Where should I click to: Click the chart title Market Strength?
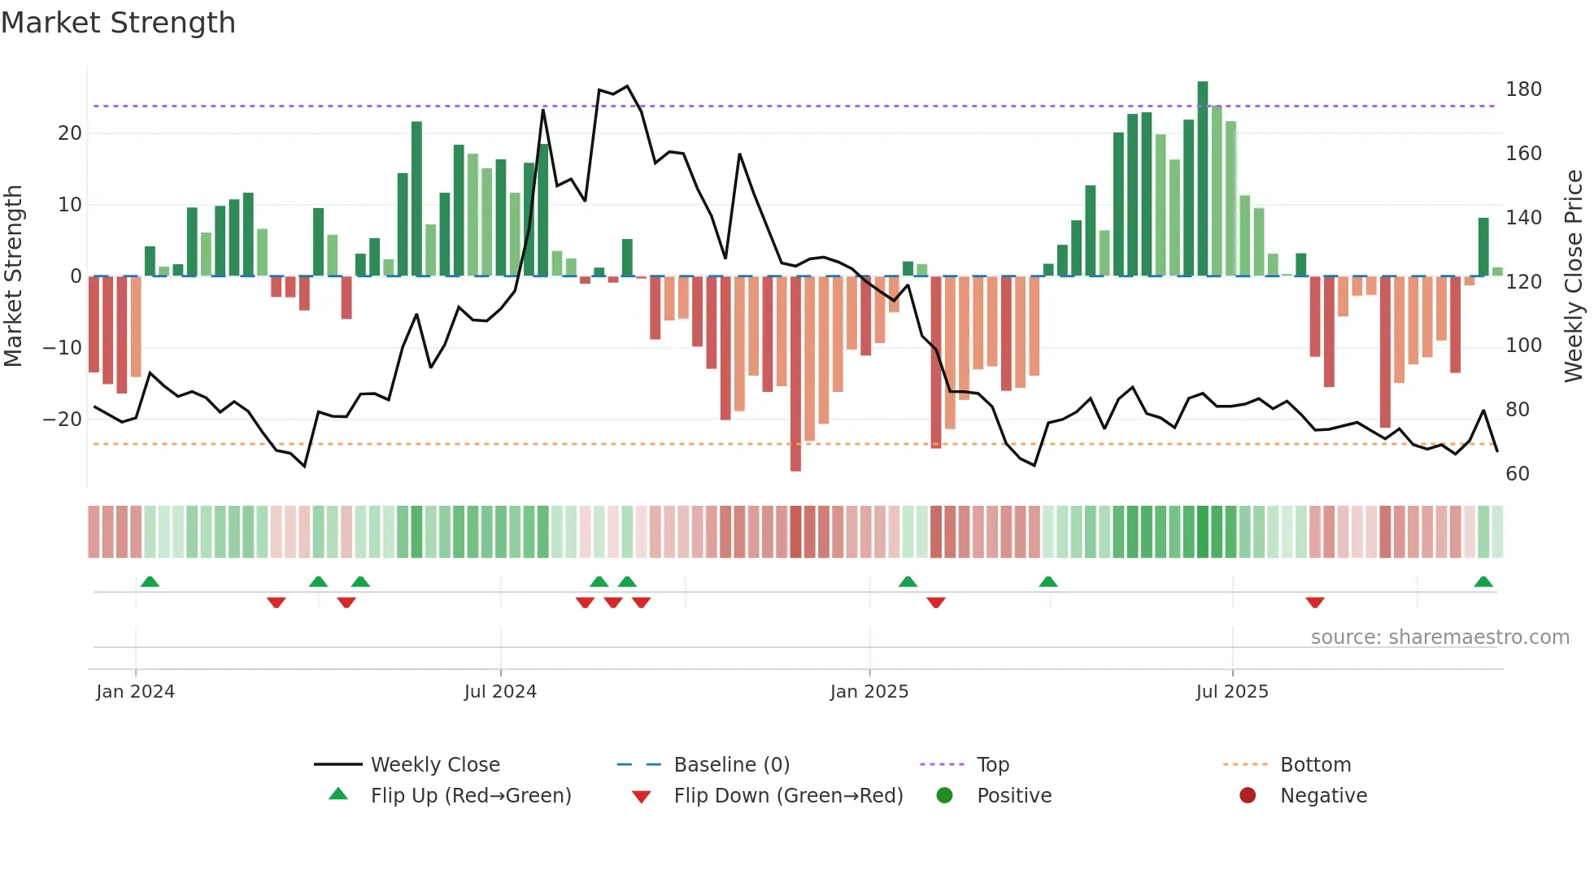(118, 23)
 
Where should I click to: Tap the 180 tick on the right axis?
(1522, 89)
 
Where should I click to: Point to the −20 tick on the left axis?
(63, 420)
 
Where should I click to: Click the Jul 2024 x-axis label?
(500, 692)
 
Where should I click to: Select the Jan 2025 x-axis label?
(869, 692)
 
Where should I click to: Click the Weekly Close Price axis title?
(1574, 276)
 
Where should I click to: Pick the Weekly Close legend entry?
(434, 765)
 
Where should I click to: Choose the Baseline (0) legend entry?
(731, 765)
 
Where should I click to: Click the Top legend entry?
(992, 765)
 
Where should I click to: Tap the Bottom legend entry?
(1315, 765)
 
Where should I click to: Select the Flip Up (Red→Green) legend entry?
(470, 796)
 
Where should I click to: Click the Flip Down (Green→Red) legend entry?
(787, 796)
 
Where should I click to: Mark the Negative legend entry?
(1323, 796)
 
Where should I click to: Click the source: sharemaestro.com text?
(1439, 637)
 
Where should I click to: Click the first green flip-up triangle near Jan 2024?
(150, 581)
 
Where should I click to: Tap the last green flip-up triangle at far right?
(1483, 581)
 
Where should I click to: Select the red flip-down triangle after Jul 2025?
(1315, 602)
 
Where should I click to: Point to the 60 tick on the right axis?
(1517, 474)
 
